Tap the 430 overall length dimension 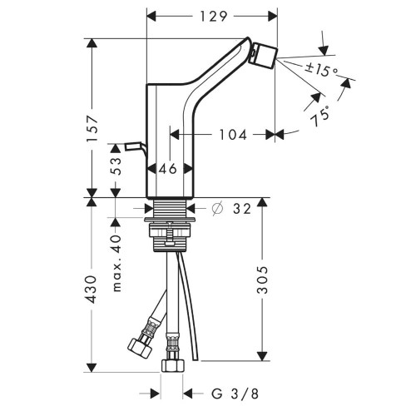point(94,288)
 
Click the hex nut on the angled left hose point(135,344)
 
